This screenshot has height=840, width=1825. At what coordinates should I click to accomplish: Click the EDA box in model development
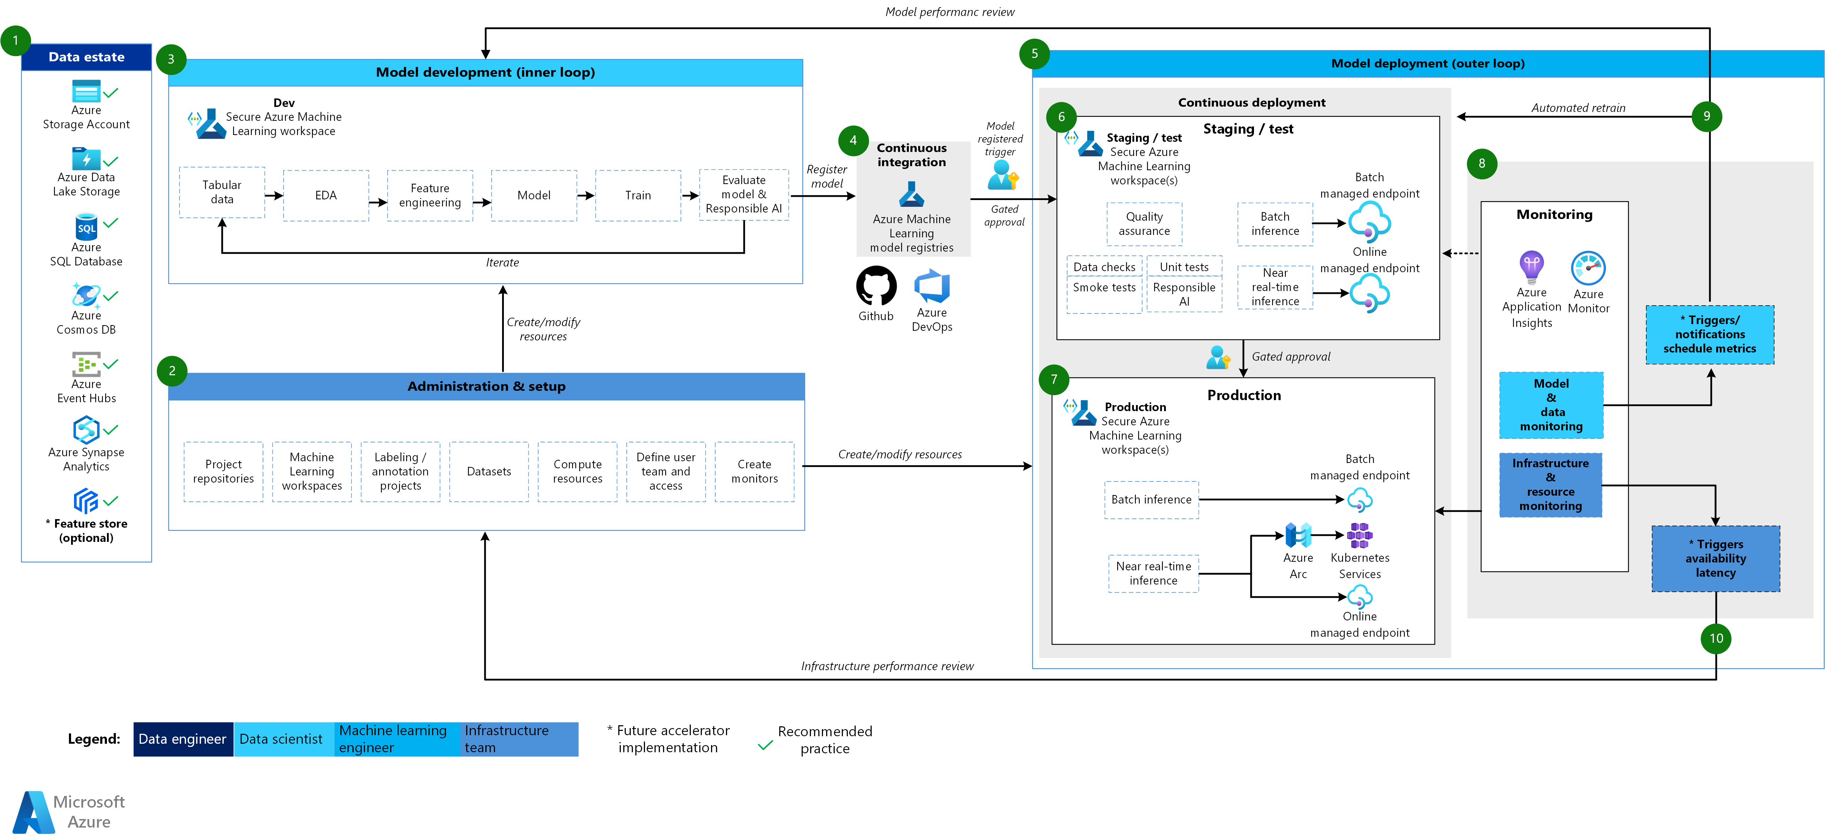point(326,195)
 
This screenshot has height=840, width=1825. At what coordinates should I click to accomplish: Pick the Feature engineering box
point(429,195)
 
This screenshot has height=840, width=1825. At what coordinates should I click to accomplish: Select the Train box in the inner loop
point(637,195)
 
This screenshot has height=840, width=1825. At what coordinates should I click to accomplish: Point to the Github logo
point(876,286)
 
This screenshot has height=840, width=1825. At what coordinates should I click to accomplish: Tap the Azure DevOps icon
point(932,286)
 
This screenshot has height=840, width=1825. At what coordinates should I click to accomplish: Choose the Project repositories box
point(223,472)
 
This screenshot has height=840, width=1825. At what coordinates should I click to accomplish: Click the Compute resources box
point(577,472)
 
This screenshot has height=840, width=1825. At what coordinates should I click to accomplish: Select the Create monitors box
point(754,472)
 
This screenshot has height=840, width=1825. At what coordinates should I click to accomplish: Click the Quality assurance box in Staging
point(1144,224)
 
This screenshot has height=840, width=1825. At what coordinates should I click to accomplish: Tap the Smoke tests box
point(1104,287)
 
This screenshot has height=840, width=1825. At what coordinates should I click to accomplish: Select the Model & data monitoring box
point(1551,405)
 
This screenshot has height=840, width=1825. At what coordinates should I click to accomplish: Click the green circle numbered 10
point(1716,638)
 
